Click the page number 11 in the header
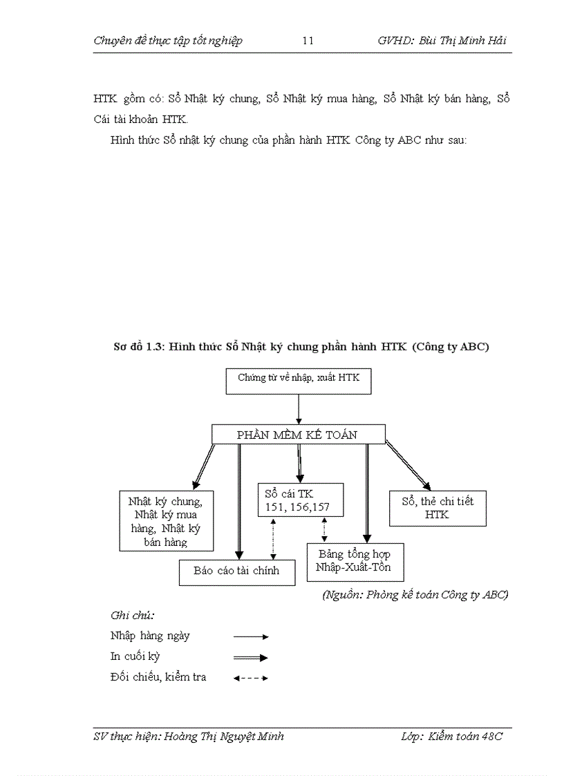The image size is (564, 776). [x=308, y=41]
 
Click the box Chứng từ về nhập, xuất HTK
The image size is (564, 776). [x=299, y=381]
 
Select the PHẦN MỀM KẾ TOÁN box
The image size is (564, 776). [x=298, y=435]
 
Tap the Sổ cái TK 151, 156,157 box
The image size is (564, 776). [x=301, y=500]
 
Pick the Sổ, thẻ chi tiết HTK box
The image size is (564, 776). [x=438, y=508]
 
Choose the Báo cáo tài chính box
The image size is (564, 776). [x=237, y=571]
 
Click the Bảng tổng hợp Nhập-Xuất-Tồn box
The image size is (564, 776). [x=354, y=560]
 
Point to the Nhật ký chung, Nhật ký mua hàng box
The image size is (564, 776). [x=166, y=520]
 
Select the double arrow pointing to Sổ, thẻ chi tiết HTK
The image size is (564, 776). [x=408, y=466]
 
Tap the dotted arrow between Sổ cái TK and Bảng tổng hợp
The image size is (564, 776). [x=324, y=529]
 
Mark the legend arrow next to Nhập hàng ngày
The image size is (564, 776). [x=250, y=636]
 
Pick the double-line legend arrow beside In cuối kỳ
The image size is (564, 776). [x=250, y=658]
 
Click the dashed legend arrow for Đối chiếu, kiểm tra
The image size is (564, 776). [x=250, y=678]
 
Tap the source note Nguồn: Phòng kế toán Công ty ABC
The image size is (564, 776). [x=415, y=595]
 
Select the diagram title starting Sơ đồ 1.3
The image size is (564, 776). [x=301, y=347]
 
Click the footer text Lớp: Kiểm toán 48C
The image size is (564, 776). [x=451, y=737]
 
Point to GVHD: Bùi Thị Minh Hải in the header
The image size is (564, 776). [x=442, y=41]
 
